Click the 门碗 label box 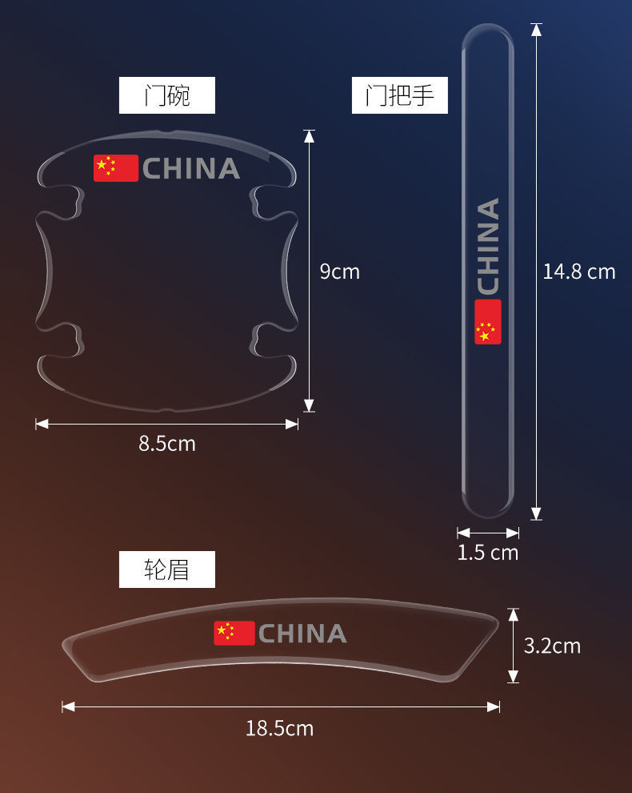coord(167,95)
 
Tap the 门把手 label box coord(400,95)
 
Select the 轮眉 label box coord(167,570)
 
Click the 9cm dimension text coord(340,272)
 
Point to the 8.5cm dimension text coord(167,443)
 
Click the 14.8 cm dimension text coord(579,272)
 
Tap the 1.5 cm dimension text coord(488,553)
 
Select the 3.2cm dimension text coord(552,646)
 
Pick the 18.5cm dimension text coord(279,728)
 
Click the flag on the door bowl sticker coord(116,168)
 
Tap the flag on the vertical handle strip coord(488,322)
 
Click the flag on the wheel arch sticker coord(234,633)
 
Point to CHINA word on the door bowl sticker coord(191,169)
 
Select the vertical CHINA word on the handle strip coord(488,246)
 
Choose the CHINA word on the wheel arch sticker coord(302,634)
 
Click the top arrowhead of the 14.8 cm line coord(536,30)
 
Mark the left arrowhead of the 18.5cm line coord(68,706)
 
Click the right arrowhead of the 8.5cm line coord(293,424)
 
